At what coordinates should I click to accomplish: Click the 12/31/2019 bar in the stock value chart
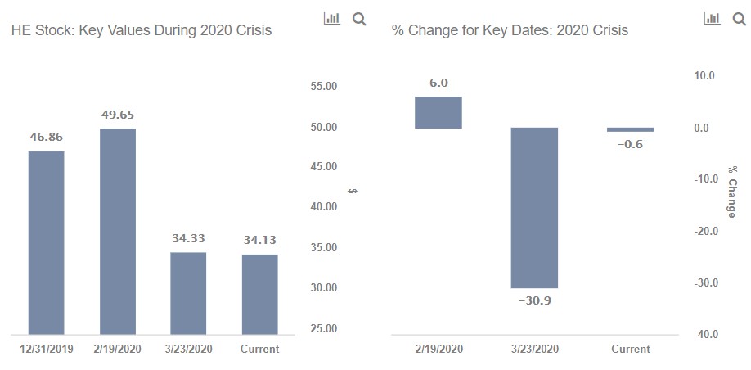47,242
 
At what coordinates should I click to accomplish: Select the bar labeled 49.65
118,232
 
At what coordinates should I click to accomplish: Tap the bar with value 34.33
189,293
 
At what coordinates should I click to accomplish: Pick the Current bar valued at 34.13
260,294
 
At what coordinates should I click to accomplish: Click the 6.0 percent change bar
438,113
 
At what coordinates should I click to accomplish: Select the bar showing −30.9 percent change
534,208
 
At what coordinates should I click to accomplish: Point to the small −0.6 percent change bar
630,129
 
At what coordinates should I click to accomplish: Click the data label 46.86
47,137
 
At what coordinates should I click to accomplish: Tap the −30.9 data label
534,301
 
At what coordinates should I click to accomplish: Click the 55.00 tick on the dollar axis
325,86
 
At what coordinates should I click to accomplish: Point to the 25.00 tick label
325,329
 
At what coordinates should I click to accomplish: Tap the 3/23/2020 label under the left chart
189,349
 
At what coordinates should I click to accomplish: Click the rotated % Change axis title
731,192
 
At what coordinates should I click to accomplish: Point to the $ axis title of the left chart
353,192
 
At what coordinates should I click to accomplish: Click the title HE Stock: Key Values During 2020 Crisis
142,30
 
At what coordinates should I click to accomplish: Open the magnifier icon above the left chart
359,19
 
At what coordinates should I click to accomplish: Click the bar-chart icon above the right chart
712,19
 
